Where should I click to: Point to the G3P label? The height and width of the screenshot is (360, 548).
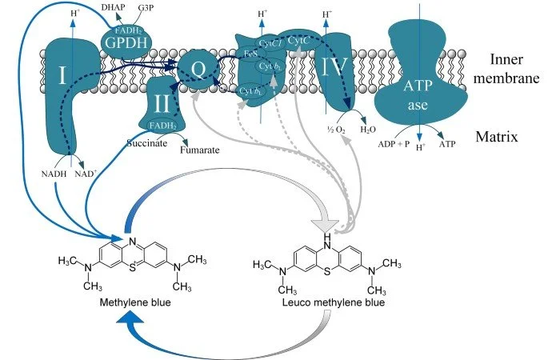point(146,7)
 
